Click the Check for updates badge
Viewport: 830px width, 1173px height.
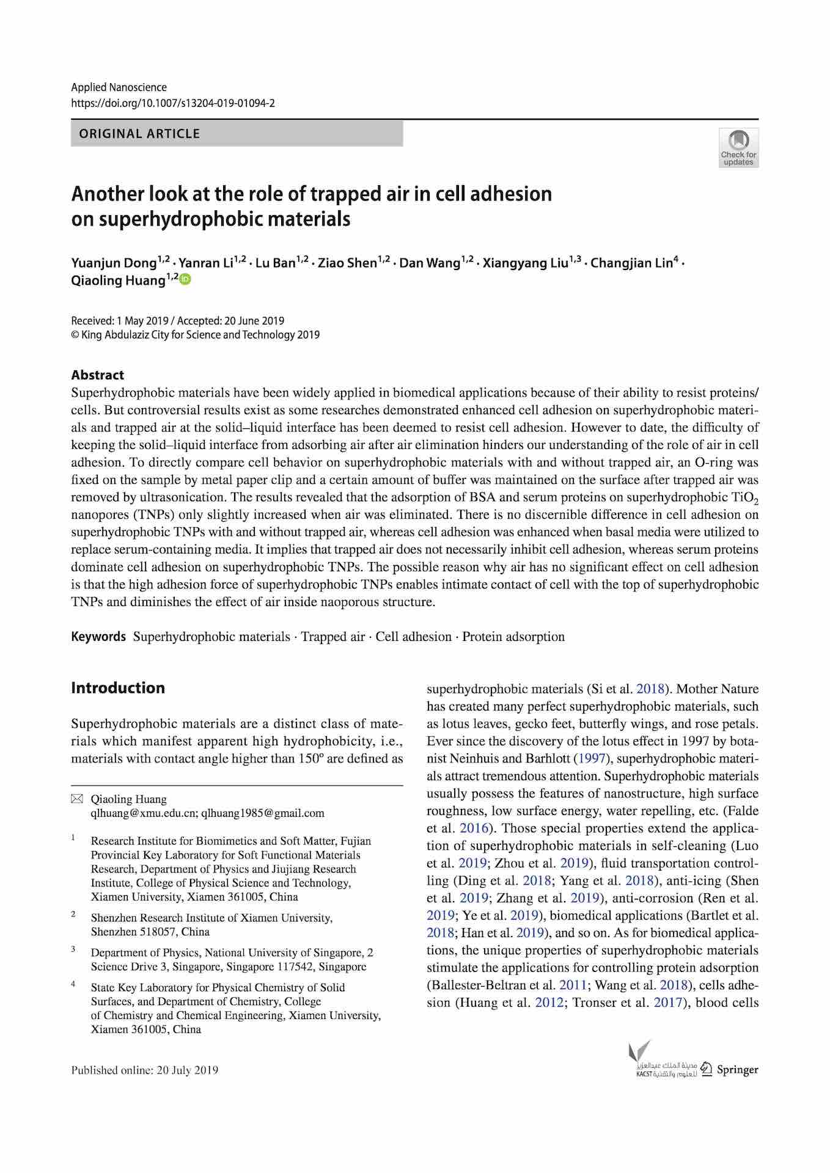(x=738, y=147)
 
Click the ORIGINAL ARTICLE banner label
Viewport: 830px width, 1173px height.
(x=139, y=134)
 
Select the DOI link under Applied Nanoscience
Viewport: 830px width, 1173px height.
(x=173, y=103)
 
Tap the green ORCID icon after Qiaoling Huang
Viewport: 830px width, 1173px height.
(x=185, y=279)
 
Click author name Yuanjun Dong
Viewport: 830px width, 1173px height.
(x=114, y=263)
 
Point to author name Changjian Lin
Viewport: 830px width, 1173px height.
(x=631, y=263)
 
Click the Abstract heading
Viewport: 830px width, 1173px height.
(x=97, y=375)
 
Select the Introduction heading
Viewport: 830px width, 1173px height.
(x=118, y=688)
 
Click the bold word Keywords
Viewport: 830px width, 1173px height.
(x=98, y=637)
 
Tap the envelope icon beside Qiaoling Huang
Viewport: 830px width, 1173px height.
(x=77, y=799)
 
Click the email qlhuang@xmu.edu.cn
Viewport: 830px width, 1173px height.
(x=144, y=813)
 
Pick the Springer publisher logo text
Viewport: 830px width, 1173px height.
(x=737, y=1070)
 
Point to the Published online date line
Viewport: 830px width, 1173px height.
(x=144, y=1070)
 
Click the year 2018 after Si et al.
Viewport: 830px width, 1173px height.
(x=650, y=689)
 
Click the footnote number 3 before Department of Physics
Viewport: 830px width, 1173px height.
(x=73, y=949)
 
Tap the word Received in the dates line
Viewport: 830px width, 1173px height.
(x=92, y=321)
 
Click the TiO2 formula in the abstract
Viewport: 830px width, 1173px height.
(x=743, y=498)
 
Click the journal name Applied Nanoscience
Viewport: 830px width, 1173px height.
(x=119, y=87)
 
